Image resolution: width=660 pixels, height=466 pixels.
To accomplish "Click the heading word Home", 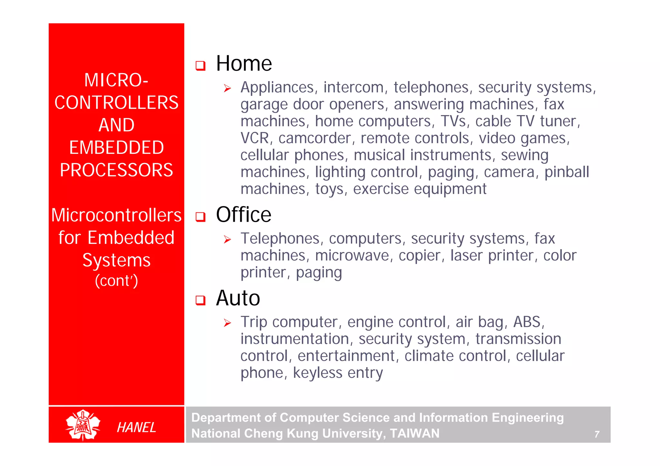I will click(244, 63).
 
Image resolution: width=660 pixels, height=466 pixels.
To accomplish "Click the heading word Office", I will click(243, 215).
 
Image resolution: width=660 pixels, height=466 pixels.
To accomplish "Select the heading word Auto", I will click(238, 298).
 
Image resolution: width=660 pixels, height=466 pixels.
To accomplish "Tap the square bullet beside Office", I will click(200, 217).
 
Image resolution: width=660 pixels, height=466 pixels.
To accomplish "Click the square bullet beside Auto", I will click(200, 300).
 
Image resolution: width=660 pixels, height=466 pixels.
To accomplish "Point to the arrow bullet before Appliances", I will click(228, 88).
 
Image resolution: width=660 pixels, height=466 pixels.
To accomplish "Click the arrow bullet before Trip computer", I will click(228, 323).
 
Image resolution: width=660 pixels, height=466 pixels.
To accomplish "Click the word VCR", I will click(255, 138).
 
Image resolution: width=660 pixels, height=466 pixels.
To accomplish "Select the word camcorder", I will click(315, 138).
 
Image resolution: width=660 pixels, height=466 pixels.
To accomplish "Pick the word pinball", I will click(567, 172).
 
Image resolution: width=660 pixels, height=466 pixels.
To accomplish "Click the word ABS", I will click(527, 322).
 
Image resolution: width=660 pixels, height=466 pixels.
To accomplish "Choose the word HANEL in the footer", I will click(136, 427).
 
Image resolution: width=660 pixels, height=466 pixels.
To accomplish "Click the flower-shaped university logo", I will click(83, 425).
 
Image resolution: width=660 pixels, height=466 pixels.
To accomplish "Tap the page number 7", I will click(597, 434).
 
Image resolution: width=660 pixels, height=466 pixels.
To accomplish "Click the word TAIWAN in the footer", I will click(414, 433).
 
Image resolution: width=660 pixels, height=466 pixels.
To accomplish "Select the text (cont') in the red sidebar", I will click(116, 281).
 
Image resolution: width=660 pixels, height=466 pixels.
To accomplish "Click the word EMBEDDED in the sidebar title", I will click(116, 148).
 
